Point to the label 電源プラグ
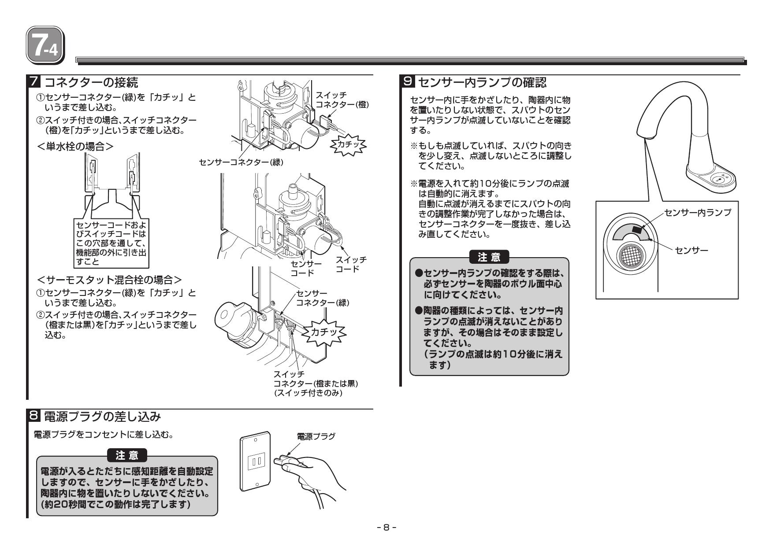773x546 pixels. click(x=316, y=436)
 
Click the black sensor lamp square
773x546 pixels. click(x=637, y=229)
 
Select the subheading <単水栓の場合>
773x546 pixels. click(x=75, y=146)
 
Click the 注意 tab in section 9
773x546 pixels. click(x=489, y=256)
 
